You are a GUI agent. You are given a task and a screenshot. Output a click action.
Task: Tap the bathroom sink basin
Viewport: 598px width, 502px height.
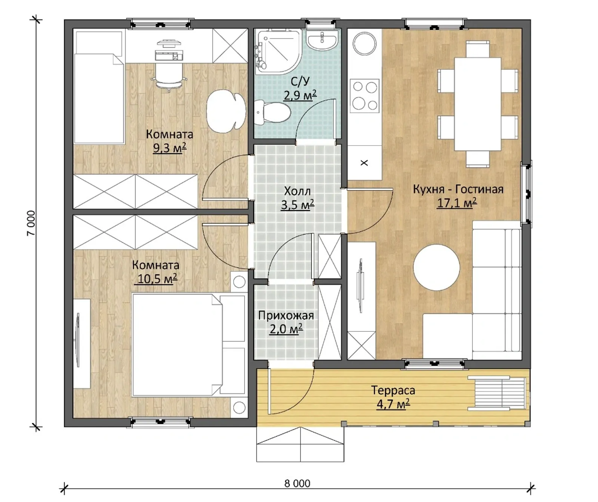click(322, 40)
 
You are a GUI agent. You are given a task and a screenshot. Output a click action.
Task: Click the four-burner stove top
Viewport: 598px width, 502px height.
click(364, 96)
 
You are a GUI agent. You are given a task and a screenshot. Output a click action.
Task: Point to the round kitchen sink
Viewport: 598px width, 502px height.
click(365, 44)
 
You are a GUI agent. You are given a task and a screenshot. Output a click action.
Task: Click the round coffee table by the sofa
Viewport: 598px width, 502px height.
click(436, 267)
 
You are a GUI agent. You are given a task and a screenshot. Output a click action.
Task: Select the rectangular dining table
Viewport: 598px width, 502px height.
click(478, 104)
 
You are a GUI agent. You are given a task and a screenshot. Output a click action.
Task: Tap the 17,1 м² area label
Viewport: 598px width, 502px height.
click(457, 203)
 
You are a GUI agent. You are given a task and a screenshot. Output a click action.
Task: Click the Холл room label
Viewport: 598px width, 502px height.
click(297, 191)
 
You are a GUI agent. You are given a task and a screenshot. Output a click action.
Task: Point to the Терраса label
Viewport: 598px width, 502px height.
click(393, 390)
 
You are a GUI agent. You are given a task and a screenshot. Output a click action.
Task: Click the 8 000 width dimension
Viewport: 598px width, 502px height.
click(297, 483)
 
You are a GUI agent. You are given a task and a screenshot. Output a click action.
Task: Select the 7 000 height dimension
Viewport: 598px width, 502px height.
click(31, 223)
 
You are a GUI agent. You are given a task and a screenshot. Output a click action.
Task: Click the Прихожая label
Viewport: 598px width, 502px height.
click(286, 316)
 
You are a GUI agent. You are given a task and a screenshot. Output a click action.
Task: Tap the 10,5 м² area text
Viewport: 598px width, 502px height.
click(157, 279)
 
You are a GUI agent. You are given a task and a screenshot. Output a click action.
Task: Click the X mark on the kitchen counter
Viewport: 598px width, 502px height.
click(364, 163)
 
